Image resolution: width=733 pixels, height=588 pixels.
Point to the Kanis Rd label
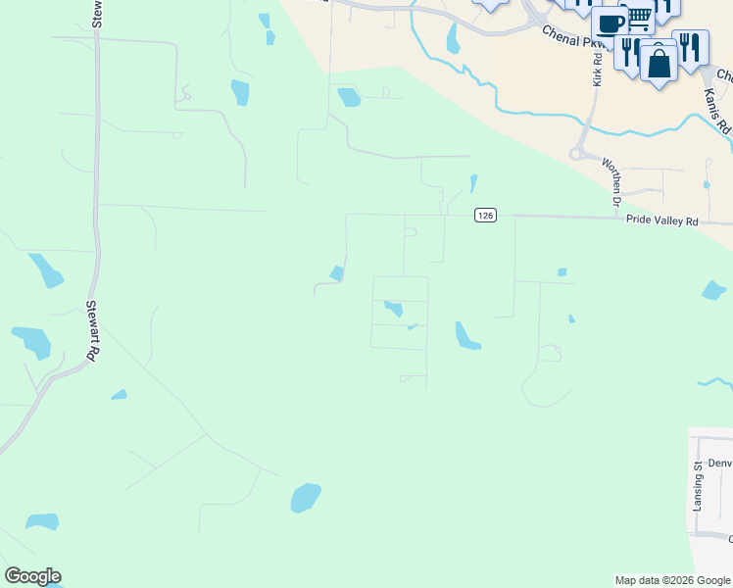(x=716, y=110)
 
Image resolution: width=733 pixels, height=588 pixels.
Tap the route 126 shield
(x=484, y=215)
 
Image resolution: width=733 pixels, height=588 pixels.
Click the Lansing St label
(x=698, y=487)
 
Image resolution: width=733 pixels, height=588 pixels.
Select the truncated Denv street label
(x=720, y=463)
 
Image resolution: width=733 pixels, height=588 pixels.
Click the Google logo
(x=32, y=576)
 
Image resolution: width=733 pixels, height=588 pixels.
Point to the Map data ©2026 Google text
(x=672, y=580)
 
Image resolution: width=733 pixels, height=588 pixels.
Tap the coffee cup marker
(x=609, y=24)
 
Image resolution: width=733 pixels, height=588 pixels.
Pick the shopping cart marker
(x=638, y=17)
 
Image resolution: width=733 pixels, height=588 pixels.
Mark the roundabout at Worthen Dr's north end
(x=578, y=154)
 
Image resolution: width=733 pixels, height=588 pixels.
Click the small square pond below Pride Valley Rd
(x=562, y=271)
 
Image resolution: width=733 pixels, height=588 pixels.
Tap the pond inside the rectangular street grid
(x=394, y=309)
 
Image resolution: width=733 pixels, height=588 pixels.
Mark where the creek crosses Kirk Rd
(x=592, y=116)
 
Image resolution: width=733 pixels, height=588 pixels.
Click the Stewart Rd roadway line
(x=96, y=196)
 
